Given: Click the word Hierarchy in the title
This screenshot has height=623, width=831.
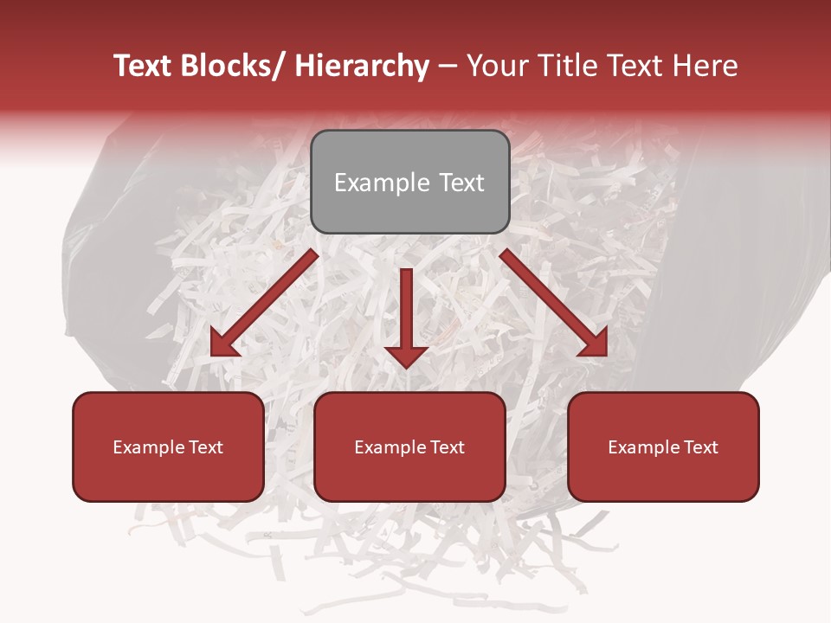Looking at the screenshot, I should pyautogui.click(x=362, y=67).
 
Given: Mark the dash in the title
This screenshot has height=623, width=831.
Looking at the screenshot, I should pyautogui.click(x=448, y=67).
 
